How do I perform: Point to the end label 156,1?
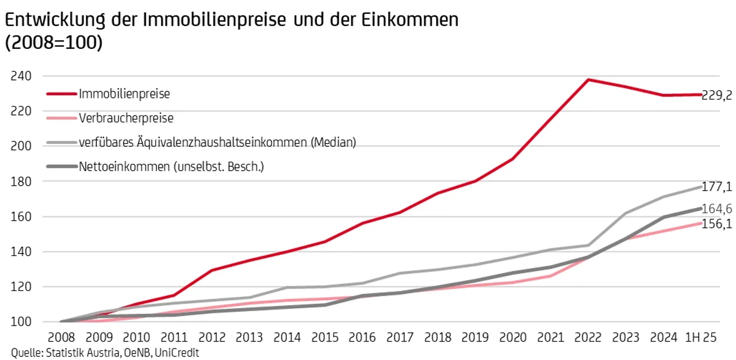coord(716,224)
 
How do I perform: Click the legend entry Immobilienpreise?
coord(124,93)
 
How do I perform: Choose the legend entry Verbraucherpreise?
coord(126,118)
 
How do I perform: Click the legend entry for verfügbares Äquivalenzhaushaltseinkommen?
coord(217,142)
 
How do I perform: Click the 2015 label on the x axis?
coord(325,338)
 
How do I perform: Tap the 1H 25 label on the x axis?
coord(701,338)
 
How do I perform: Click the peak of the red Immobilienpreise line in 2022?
coord(588,79)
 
